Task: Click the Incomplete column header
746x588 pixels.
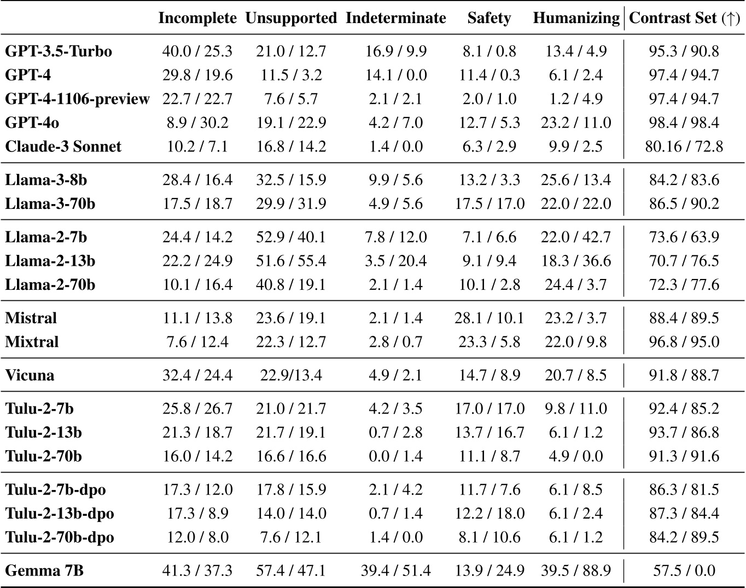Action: pyautogui.click(x=197, y=18)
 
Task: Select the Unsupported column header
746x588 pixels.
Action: pyautogui.click(x=291, y=18)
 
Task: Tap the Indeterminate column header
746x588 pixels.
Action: pyautogui.click(x=396, y=18)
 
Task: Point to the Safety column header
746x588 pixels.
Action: pyautogui.click(x=489, y=18)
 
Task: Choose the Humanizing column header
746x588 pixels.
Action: pyautogui.click(x=576, y=18)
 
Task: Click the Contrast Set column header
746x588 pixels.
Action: pyautogui.click(x=684, y=18)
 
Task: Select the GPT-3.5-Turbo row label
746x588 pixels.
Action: pyautogui.click(x=59, y=51)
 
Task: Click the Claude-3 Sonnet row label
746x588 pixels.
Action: pyautogui.click(x=63, y=147)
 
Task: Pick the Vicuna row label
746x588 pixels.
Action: pyautogui.click(x=30, y=375)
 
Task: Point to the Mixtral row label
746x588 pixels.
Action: pyautogui.click(x=32, y=342)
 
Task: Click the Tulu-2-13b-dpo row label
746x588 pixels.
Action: pyautogui.click(x=60, y=514)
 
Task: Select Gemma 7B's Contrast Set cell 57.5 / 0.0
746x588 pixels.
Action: pyautogui.click(x=684, y=571)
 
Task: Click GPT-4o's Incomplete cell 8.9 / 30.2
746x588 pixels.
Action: pyautogui.click(x=197, y=123)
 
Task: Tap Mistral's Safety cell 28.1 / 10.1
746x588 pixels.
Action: pyautogui.click(x=489, y=318)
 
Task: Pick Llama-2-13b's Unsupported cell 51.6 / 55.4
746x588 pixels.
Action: pyautogui.click(x=291, y=261)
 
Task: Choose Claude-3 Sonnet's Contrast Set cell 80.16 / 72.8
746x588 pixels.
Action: pyautogui.click(x=684, y=147)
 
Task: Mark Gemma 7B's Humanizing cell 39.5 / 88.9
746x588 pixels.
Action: pyautogui.click(x=576, y=571)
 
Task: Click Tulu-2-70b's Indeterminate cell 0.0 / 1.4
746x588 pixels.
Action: pyautogui.click(x=396, y=456)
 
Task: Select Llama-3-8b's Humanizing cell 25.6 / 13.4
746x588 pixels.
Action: pyautogui.click(x=576, y=180)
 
